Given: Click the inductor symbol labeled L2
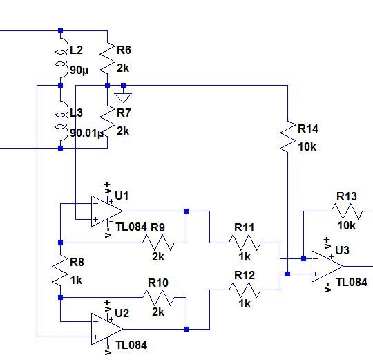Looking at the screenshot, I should pos(60,58).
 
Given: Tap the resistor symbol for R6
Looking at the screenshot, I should pos(108,58).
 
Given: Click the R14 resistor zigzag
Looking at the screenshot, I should pos(287,137).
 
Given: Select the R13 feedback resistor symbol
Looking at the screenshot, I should pos(345,211).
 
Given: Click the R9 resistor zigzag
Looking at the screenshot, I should pos(158,242).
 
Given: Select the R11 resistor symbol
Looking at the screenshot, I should pos(245,242).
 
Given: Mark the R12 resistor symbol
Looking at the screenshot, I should pos(245,290).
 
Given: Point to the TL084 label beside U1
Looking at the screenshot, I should pos(131,226).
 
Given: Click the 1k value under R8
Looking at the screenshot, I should pos(76,281).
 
